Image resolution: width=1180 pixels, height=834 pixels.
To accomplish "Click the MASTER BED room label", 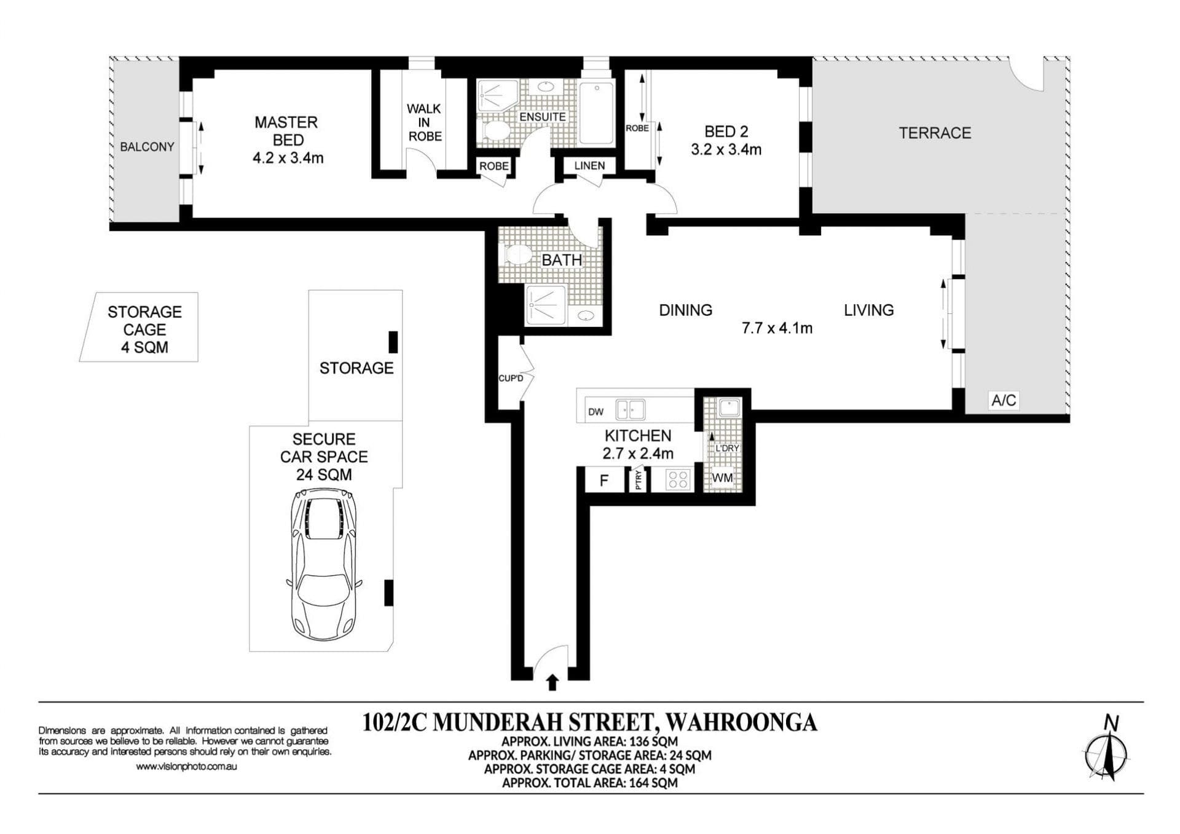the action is [286, 131].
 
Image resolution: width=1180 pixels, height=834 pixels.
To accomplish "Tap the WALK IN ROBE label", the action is [424, 122].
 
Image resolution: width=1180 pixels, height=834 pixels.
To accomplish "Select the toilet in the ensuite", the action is [495, 130].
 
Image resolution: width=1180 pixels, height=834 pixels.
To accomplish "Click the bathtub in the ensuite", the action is [596, 112].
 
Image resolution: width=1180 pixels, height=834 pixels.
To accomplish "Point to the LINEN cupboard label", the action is [589, 165].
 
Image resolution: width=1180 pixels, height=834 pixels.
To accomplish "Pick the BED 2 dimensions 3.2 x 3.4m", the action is [726, 149].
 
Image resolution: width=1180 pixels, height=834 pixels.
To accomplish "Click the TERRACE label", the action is [935, 133].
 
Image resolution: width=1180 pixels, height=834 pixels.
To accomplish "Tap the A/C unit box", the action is [1004, 400].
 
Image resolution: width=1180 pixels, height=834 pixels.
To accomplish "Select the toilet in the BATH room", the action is [517, 254].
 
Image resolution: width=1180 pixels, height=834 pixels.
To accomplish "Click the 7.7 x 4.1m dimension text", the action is [777, 328].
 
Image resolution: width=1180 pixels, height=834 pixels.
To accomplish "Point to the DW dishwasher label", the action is [596, 412].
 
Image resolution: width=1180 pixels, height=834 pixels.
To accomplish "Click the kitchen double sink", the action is [631, 409].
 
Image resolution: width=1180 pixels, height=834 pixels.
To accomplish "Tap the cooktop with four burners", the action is [678, 479].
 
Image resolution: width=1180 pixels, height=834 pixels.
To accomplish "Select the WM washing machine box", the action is [723, 478].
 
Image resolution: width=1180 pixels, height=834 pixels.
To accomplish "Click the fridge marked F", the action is [604, 480].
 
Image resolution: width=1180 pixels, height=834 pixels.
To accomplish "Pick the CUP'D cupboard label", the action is [511, 378].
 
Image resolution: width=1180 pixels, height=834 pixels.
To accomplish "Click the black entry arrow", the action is [552, 683].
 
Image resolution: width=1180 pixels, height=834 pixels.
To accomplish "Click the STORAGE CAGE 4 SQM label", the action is [144, 329].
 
